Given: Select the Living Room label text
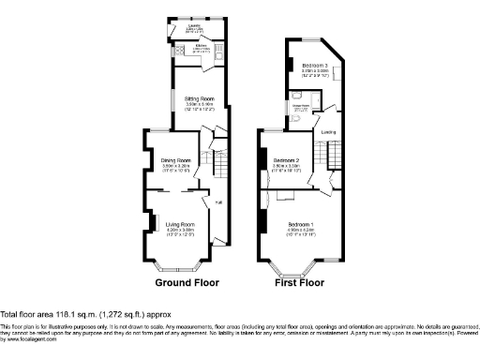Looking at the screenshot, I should tap(180, 224).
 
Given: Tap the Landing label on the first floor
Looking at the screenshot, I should tap(329, 132).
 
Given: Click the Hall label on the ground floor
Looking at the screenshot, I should tap(218, 202).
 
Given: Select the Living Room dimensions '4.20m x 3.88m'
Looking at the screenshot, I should tap(180, 230).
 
